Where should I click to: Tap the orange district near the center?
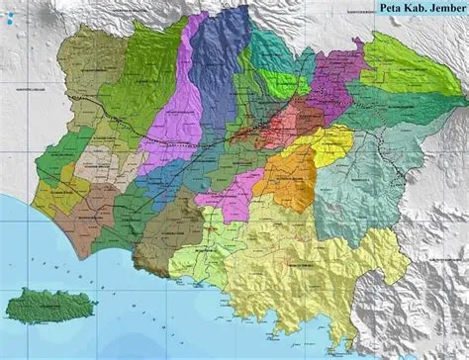tap(292, 178)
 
